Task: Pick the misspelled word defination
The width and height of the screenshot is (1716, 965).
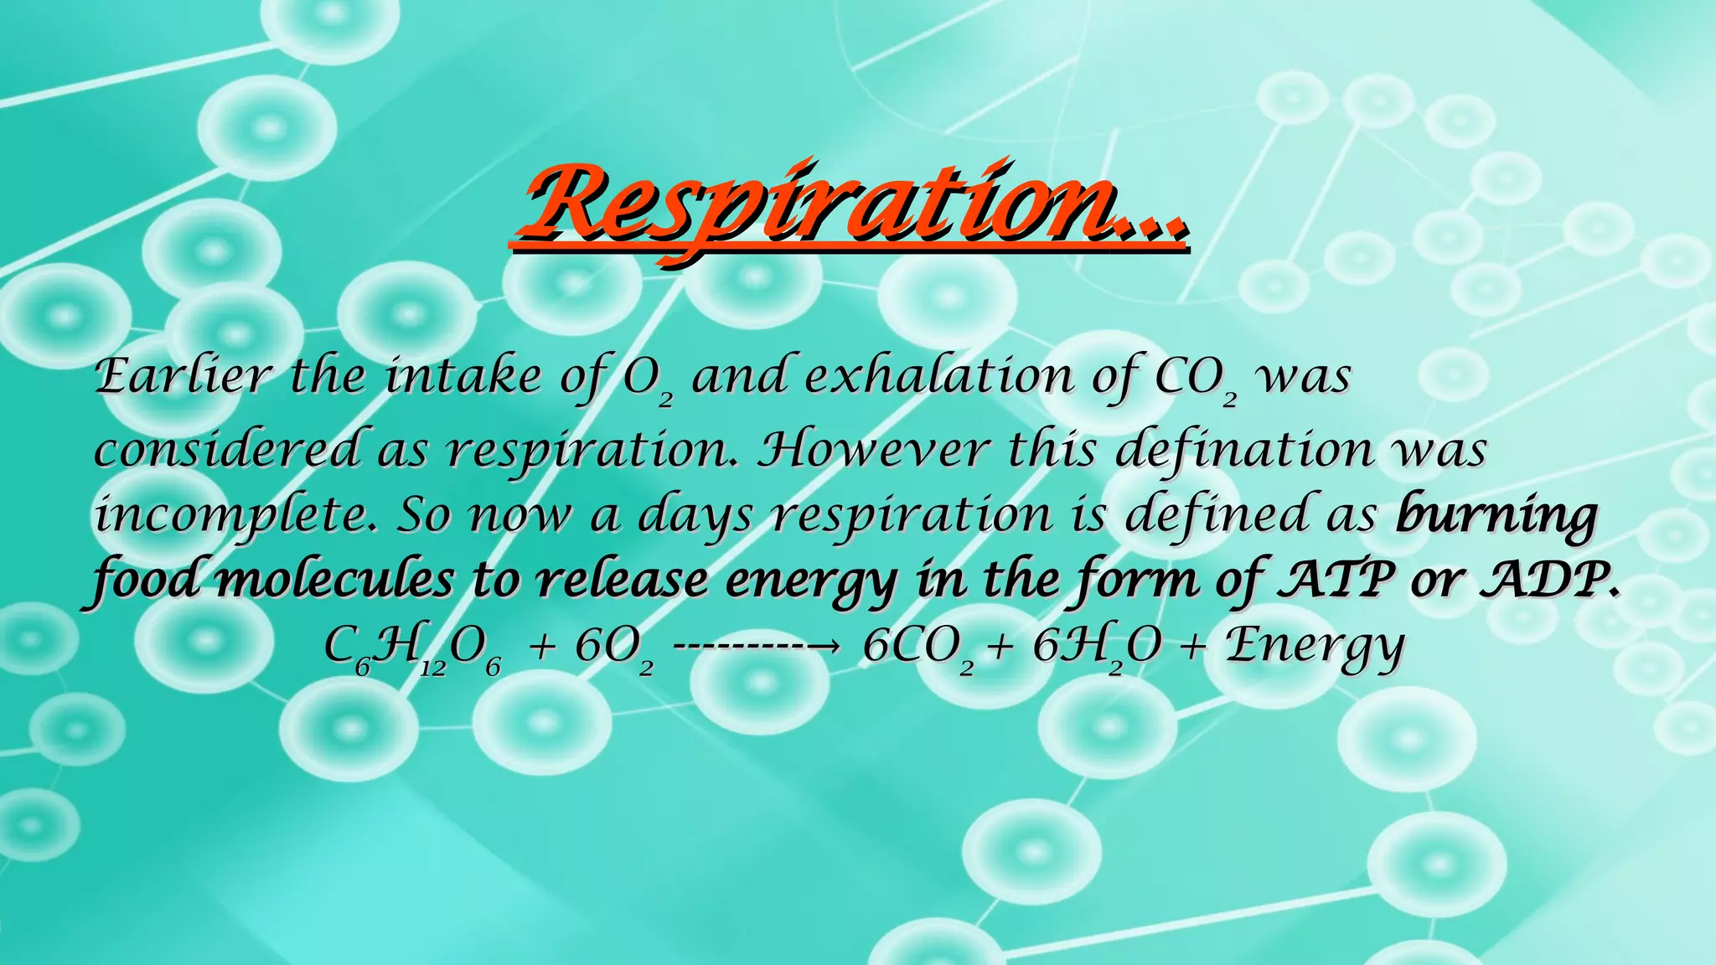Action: point(1245,450)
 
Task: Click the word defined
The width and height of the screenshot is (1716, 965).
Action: point(1216,514)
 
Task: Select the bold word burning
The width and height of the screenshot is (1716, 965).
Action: point(1496,516)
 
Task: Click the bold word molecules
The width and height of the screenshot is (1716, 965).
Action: point(335,580)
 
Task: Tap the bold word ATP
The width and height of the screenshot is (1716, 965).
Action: point(1336,580)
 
